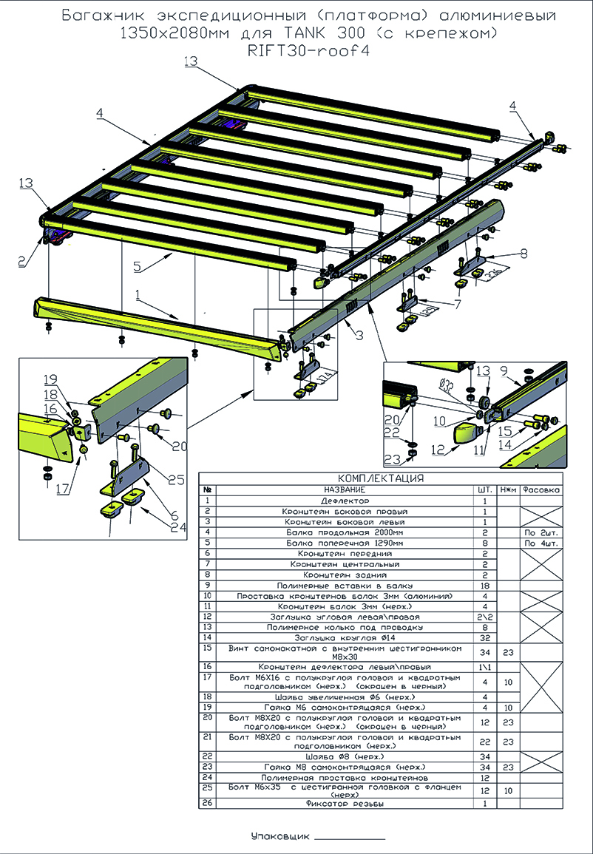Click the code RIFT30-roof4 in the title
click(x=309, y=51)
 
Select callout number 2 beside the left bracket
click(x=22, y=260)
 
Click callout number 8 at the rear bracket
click(x=523, y=254)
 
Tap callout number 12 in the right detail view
click(x=437, y=450)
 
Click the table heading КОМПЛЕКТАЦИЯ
click(x=380, y=478)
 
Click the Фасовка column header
click(x=541, y=489)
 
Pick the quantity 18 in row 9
click(x=484, y=585)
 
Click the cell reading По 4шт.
click(x=541, y=543)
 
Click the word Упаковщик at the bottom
click(x=279, y=836)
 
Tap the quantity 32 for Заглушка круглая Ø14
click(x=484, y=637)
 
